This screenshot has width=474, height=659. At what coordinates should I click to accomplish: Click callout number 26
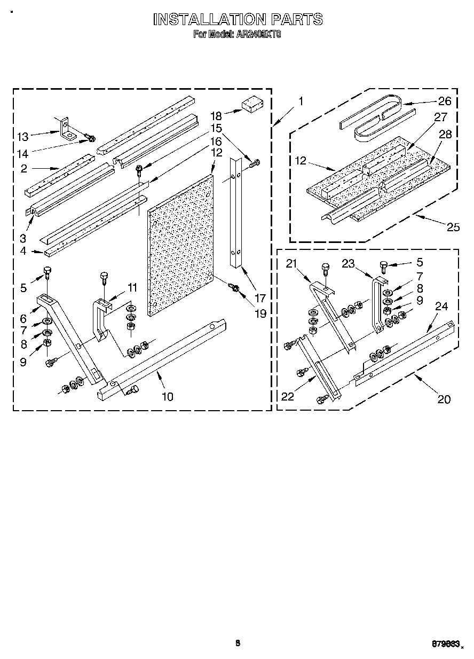coord(445,101)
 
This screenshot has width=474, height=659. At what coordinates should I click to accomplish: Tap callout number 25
coord(453,227)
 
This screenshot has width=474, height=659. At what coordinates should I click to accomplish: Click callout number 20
coord(444,398)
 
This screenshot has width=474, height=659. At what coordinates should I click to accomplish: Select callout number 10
coord(167,396)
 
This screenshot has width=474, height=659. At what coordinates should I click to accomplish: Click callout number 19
coord(260,313)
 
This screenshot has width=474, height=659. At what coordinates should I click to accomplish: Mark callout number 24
coord(441,307)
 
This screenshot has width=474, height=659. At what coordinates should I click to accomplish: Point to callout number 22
coord(288,396)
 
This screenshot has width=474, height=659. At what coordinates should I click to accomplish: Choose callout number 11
coord(131,288)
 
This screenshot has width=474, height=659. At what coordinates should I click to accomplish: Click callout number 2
coord(23,169)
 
